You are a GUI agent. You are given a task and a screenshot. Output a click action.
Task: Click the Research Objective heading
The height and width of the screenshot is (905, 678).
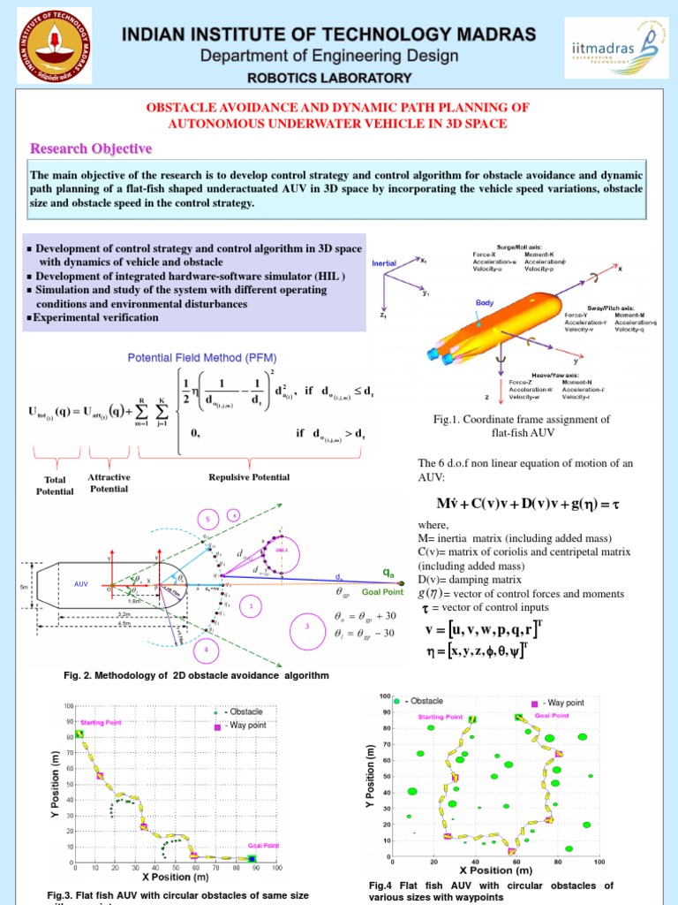tap(92, 148)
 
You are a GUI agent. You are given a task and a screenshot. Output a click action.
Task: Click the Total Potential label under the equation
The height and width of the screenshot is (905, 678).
tap(56, 485)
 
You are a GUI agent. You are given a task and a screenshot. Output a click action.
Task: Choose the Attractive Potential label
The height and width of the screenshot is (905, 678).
tap(110, 482)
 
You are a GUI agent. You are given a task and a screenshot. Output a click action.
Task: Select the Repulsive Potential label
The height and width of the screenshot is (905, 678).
tap(249, 477)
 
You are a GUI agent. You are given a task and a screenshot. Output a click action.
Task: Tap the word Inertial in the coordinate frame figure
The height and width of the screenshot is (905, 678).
tap(384, 263)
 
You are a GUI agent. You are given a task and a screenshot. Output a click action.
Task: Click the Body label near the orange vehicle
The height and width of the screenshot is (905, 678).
tap(485, 303)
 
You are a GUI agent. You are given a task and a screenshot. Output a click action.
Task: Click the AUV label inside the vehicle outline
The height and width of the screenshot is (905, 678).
tap(82, 584)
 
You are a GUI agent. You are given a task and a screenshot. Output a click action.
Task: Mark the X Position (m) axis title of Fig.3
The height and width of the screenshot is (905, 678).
tap(175, 878)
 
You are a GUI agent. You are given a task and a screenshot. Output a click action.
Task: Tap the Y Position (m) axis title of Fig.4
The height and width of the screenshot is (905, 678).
tap(372, 776)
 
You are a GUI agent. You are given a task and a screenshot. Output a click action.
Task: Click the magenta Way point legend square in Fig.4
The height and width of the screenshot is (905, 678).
tap(535, 704)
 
